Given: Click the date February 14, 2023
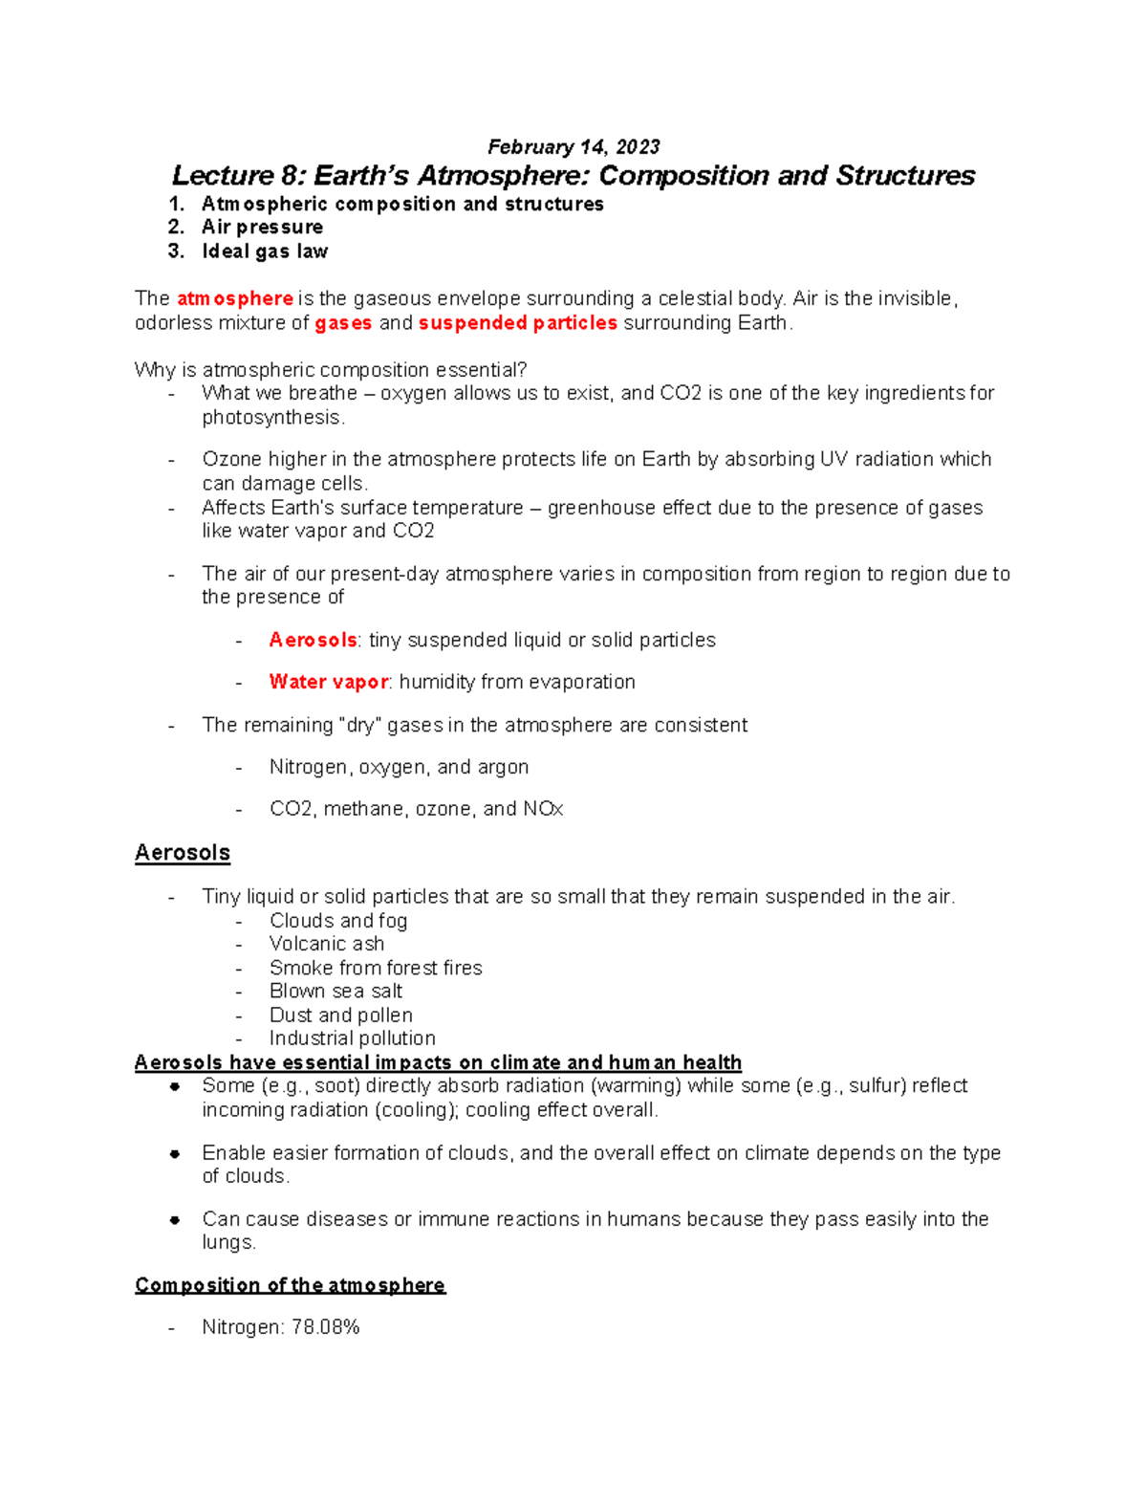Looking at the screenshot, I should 573,146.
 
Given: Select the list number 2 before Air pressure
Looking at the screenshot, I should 175,228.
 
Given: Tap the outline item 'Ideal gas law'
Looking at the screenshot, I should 265,251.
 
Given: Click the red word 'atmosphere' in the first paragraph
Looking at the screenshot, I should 234,299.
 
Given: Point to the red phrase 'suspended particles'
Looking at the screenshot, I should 517,323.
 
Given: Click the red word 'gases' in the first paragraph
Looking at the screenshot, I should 343,323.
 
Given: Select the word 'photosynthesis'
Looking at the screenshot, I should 271,418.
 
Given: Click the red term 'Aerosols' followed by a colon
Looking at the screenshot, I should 313,640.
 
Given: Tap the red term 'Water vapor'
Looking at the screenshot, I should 328,682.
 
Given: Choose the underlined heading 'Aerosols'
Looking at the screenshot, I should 183,853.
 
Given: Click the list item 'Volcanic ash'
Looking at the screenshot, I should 327,944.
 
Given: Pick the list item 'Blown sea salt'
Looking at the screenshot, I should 335,992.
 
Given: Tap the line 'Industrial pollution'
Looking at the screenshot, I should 352,1038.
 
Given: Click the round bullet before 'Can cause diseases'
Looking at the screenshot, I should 175,1219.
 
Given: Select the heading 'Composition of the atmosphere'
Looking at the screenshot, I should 290,1285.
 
